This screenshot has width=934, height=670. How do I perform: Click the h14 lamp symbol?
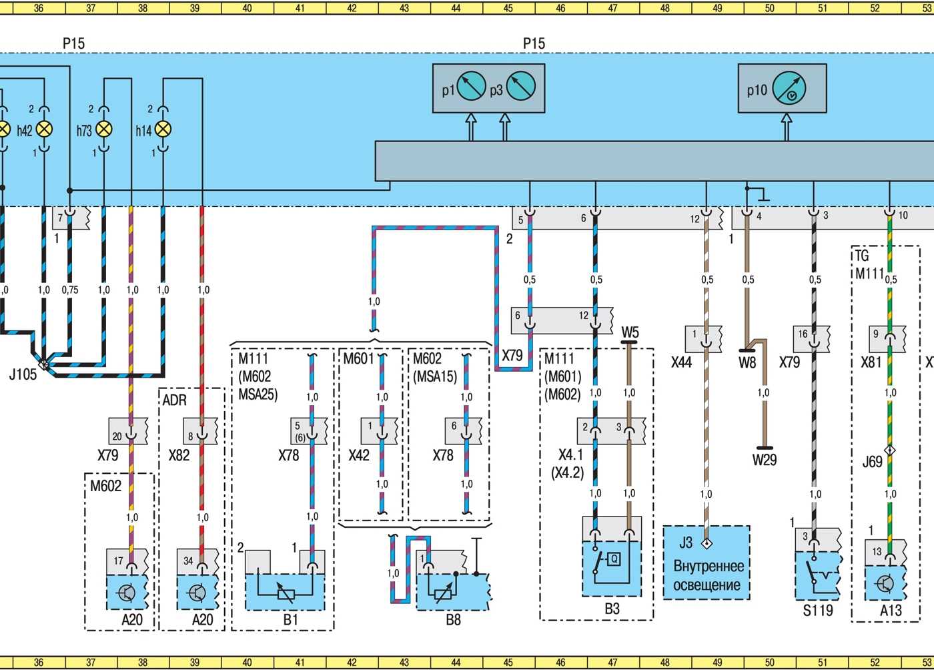coord(163,129)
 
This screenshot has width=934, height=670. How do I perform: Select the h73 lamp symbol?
coord(104,129)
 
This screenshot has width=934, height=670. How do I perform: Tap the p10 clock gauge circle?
coord(789,89)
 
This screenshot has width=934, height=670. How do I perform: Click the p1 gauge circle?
coord(471,86)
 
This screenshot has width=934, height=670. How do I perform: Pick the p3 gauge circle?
coord(520,86)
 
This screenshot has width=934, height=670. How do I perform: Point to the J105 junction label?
coord(23,374)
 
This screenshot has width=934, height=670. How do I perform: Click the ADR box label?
coord(174,400)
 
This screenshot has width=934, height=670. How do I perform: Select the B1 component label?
coord(290,619)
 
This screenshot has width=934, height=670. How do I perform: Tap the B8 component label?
coord(453,619)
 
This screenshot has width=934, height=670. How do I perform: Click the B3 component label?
coord(612,609)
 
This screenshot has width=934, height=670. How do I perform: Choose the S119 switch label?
coord(818,611)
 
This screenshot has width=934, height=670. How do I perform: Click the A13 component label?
coord(891,611)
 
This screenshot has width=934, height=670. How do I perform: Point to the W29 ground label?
coord(765,460)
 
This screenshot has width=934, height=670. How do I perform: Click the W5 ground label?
coord(630,332)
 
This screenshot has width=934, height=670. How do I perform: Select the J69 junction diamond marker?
coord(889,450)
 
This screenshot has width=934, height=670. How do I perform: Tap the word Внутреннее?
coord(709,566)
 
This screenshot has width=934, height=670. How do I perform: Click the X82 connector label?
coord(179,454)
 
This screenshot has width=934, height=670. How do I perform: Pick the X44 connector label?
coord(681,362)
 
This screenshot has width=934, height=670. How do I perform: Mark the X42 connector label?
coord(359,454)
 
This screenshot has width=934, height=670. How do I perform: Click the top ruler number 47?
coord(612,8)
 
